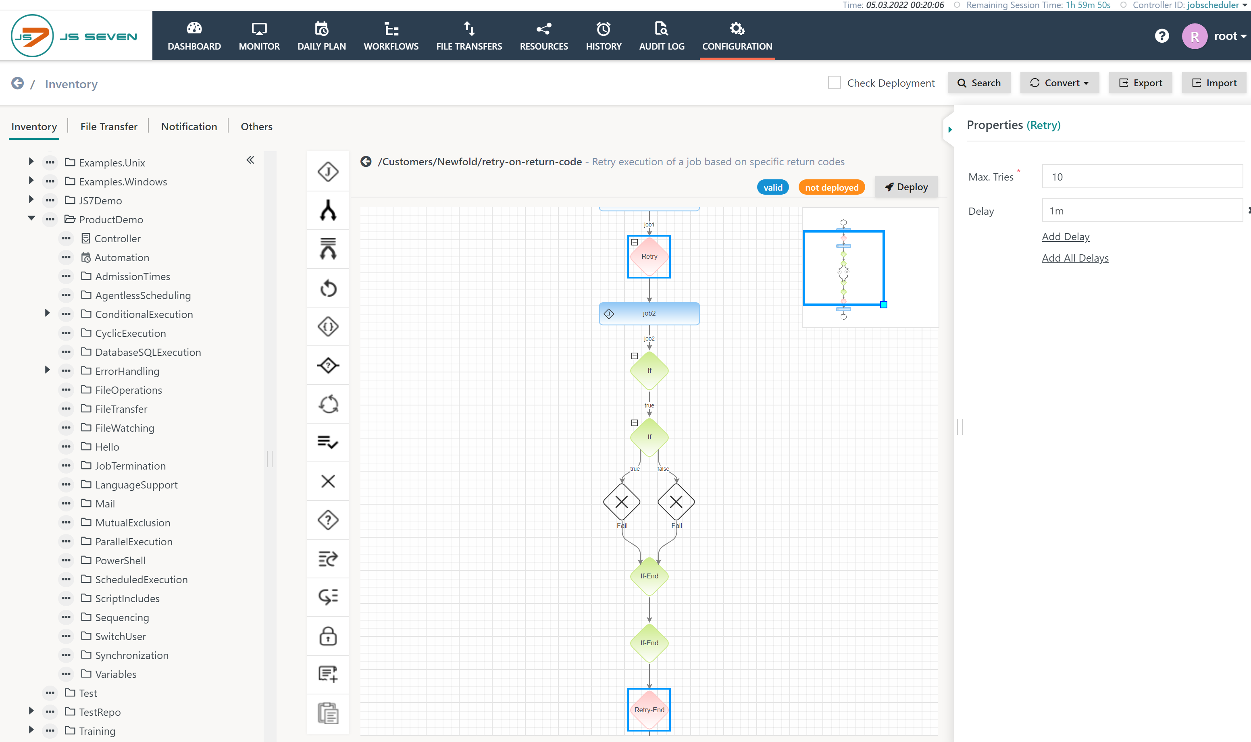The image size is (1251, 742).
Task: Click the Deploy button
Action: click(x=905, y=187)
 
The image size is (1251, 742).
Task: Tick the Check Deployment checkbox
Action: click(x=834, y=83)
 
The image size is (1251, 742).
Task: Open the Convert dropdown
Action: click(x=1059, y=83)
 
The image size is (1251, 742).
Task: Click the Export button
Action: click(x=1140, y=83)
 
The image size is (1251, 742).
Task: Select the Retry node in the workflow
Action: click(x=649, y=256)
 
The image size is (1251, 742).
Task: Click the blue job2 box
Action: click(x=649, y=314)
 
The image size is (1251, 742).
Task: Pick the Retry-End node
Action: click(x=649, y=709)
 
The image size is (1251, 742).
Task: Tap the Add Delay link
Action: click(x=1066, y=237)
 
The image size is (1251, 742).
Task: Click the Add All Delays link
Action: click(x=1075, y=258)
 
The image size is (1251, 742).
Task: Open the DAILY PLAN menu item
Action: click(x=321, y=36)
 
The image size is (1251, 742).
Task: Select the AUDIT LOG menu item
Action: click(x=662, y=36)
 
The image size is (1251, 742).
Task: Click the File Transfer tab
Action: click(x=108, y=127)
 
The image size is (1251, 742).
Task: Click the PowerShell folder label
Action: click(x=120, y=561)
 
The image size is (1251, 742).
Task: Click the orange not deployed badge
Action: click(x=831, y=187)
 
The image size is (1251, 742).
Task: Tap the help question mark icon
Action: click(x=1161, y=36)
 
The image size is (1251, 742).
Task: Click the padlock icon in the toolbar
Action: click(x=328, y=636)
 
